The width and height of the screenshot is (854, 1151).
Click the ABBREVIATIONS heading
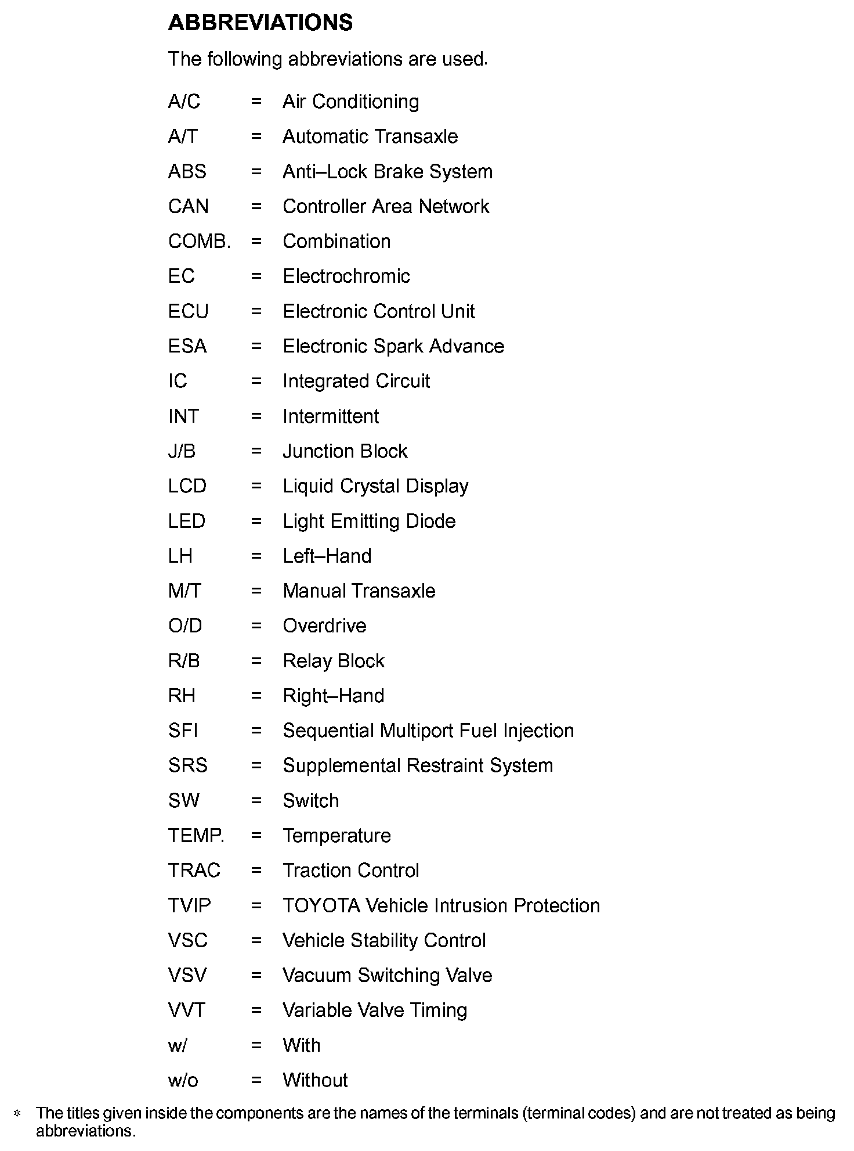tap(260, 23)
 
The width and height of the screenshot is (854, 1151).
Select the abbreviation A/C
tap(184, 102)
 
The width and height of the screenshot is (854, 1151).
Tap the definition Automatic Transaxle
tap(370, 136)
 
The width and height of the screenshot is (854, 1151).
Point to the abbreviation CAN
tap(188, 207)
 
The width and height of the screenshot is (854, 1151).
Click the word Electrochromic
tap(346, 276)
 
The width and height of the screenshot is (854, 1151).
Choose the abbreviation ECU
tap(188, 311)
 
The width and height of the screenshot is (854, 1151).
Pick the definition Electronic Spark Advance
tap(393, 346)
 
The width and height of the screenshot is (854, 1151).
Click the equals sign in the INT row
tap(256, 416)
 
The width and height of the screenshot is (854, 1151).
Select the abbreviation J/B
tap(182, 451)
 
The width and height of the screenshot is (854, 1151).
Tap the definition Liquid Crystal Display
tap(375, 486)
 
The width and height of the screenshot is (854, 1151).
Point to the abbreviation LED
tap(186, 521)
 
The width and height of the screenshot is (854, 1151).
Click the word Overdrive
tap(324, 626)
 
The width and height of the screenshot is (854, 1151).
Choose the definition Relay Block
tap(334, 661)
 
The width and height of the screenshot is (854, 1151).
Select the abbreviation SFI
tap(183, 731)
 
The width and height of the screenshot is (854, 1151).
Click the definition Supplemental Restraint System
tap(418, 765)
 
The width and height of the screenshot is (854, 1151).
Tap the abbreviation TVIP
tap(189, 905)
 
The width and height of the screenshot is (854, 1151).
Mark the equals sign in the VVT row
tap(256, 1010)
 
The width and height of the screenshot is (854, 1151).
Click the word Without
tap(315, 1080)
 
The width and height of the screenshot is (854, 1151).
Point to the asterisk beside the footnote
tap(17, 1114)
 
